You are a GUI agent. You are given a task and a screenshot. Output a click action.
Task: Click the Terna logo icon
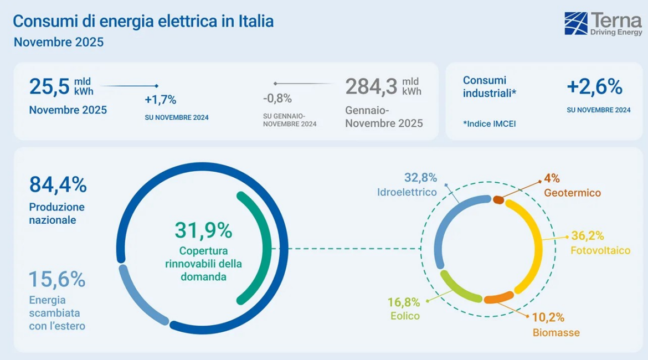[x=576, y=23]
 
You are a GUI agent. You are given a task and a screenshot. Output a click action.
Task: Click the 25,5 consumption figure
[x=49, y=87]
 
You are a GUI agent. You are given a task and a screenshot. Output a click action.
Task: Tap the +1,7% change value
[x=160, y=100]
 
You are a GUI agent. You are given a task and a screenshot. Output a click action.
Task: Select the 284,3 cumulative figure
[x=371, y=87]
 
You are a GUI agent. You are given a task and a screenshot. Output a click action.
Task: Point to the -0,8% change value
[x=277, y=99]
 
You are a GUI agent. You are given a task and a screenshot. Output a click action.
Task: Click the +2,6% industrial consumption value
[x=594, y=87]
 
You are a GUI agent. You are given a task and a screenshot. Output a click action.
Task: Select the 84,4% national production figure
[x=58, y=185]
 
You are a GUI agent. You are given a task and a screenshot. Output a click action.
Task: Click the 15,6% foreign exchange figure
[x=57, y=280]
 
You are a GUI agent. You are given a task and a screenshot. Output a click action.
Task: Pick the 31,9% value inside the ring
[x=203, y=229]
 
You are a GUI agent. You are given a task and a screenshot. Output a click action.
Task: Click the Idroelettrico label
[x=407, y=192]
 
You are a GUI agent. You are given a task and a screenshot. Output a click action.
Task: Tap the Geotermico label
[x=572, y=193]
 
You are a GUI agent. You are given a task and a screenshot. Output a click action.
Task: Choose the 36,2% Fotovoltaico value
[x=587, y=236]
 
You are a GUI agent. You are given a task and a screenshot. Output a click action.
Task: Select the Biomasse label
[x=556, y=333]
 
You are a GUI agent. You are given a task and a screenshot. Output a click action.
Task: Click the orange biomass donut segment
[x=498, y=299]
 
